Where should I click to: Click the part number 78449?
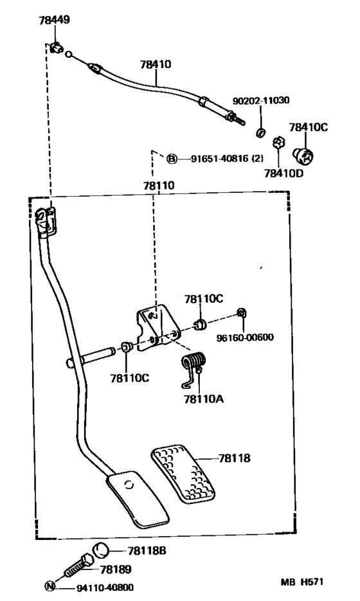pos(55,20)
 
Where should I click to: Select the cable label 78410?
pos(156,64)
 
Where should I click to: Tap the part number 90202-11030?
pos(261,100)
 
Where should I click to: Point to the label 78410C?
pos(308,127)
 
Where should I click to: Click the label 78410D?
pos(283,174)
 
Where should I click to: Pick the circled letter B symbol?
pos(172,158)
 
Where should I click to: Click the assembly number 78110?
pos(159,186)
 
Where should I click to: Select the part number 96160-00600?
pos(245,337)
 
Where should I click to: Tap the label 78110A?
pos(204,399)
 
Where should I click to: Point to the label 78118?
pos(234,458)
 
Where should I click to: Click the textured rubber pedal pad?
pos(183,473)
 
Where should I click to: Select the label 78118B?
pos(147,551)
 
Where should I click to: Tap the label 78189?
pos(116,570)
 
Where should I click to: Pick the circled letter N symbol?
pos(50,586)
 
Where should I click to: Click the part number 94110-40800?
pos(105,588)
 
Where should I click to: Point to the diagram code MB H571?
pos(302,582)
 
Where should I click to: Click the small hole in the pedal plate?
pos(130,485)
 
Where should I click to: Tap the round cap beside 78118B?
pos(101,550)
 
